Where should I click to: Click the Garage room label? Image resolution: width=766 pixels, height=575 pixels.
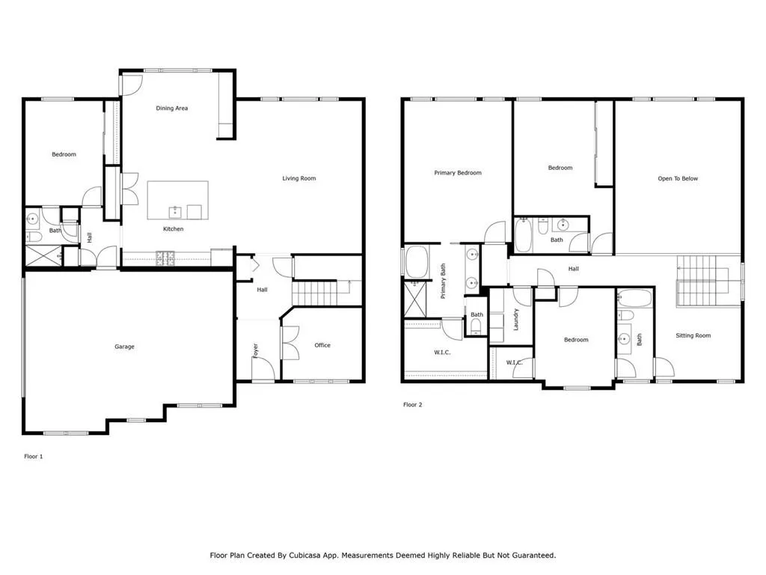tap(124, 347)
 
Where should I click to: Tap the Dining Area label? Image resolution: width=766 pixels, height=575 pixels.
tap(171, 109)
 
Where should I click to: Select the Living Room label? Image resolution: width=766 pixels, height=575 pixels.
tap(298, 178)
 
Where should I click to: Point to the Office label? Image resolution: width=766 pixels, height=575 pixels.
tap(322, 345)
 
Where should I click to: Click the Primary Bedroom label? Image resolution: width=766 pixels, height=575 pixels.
tap(458, 173)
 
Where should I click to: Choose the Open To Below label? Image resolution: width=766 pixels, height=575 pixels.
tap(678, 178)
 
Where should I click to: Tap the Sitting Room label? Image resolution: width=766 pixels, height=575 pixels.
tap(693, 335)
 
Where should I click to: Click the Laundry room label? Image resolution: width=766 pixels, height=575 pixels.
tap(516, 320)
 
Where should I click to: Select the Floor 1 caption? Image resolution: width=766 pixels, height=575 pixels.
tap(34, 456)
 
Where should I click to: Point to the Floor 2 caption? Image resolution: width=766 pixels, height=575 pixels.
tap(413, 405)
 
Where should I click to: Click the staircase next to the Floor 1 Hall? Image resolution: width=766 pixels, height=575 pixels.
tap(320, 292)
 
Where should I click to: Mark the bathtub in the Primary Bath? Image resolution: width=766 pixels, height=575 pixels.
tap(415, 263)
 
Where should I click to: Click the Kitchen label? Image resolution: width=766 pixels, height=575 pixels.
tap(173, 229)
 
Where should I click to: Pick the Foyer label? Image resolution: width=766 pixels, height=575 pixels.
tap(255, 350)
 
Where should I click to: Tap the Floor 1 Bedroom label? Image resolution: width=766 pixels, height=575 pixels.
tap(64, 154)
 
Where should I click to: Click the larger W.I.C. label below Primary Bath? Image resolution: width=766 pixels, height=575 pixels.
tap(442, 351)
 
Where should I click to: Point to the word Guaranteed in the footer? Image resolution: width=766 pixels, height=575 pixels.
tap(531, 556)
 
